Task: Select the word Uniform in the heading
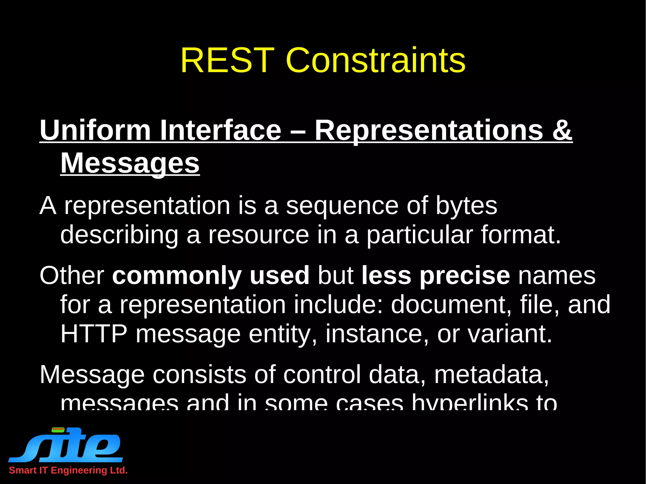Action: tap(95, 130)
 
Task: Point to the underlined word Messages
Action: tap(130, 163)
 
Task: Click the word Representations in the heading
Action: tap(429, 130)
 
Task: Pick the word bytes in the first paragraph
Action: tap(466, 206)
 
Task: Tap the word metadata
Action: tap(491, 375)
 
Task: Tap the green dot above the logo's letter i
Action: tap(58, 429)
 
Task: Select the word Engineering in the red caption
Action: tap(79, 470)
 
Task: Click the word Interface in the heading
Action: tap(220, 130)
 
